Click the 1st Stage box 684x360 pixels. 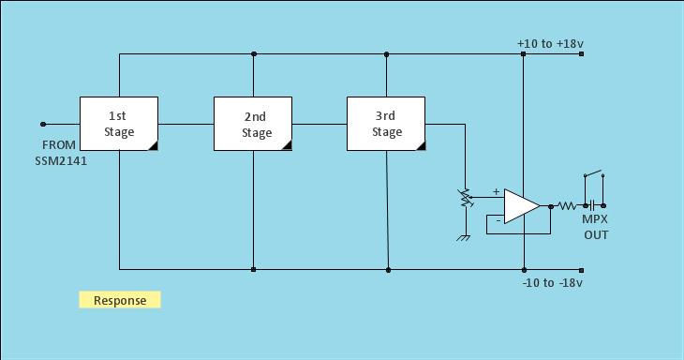click(119, 123)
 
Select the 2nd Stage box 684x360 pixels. click(253, 123)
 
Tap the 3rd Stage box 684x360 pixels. click(386, 123)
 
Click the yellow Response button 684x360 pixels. click(120, 300)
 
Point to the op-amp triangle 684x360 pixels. click(520, 206)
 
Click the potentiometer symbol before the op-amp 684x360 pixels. click(464, 199)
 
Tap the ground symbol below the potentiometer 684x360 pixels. click(464, 236)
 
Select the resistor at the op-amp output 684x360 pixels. click(567, 205)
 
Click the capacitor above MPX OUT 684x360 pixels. click(592, 205)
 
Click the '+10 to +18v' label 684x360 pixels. click(550, 44)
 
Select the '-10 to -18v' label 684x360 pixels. click(552, 283)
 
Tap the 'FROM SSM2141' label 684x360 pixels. click(59, 153)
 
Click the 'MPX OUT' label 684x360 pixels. click(596, 227)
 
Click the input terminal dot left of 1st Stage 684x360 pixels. click(43, 124)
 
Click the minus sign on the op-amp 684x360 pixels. click(498, 219)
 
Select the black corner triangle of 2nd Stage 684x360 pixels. click(288, 145)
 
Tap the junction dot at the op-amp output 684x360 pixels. click(551, 205)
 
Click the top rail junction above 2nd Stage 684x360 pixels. click(254, 54)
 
